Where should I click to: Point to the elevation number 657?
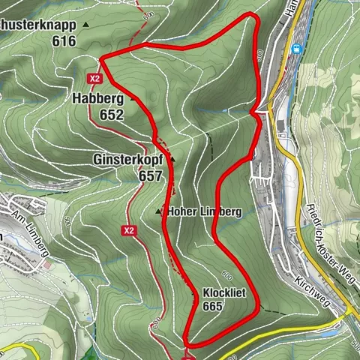(150, 175)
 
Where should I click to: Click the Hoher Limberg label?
(205, 212)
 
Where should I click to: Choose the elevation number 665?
(213, 306)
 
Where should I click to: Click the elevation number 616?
(64, 41)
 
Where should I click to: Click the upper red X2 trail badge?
(94, 77)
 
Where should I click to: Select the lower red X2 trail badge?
(129, 230)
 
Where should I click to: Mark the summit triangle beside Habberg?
(134, 98)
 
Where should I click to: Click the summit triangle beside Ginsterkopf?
(172, 160)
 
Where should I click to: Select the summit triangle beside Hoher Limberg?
(158, 212)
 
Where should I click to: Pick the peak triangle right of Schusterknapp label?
(85, 25)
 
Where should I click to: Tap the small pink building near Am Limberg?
(46, 265)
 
